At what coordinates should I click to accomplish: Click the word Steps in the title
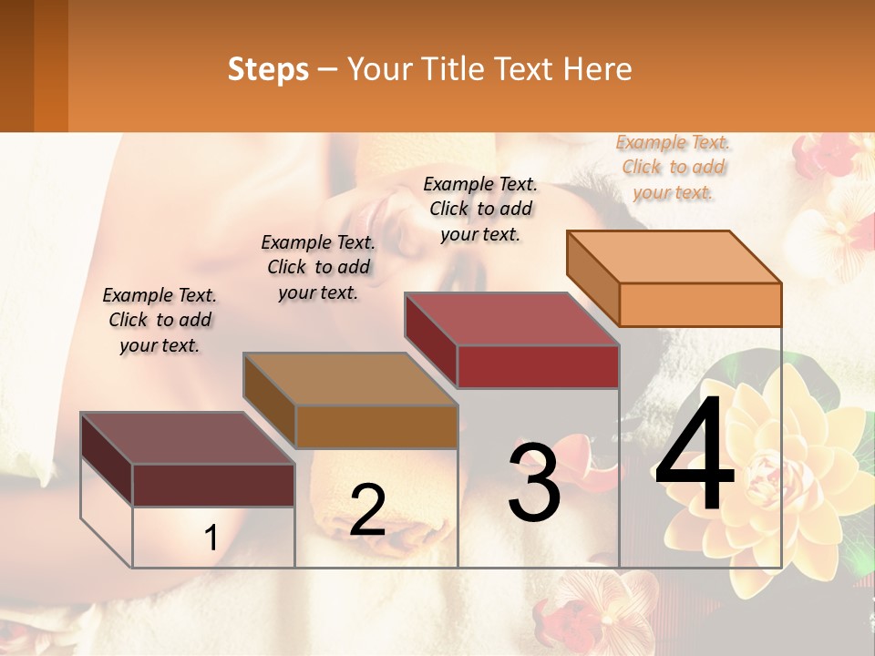268,69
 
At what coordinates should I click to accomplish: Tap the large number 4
695,456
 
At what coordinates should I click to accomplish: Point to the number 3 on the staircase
533,483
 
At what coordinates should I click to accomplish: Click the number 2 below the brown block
367,510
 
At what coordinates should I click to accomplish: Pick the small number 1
211,538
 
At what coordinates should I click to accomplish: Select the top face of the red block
512,319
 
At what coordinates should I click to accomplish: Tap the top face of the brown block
350,379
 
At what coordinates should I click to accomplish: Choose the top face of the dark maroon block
188,438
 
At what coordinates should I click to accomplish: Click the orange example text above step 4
674,167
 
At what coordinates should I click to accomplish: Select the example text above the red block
480,209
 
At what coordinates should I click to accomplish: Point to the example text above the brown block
318,267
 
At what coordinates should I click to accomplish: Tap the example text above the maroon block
160,320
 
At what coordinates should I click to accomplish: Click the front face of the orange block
700,304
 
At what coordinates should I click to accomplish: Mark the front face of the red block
538,366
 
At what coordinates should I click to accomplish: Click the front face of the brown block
376,426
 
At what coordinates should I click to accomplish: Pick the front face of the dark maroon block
213,485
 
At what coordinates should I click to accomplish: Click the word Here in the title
599,69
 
